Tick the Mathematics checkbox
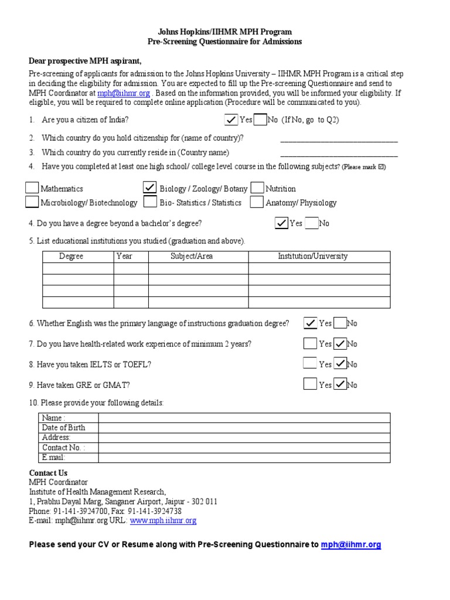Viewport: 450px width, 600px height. [32, 187]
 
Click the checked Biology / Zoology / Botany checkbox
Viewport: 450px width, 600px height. [150, 187]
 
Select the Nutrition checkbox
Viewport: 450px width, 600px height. [257, 187]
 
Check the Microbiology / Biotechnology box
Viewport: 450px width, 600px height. [32, 202]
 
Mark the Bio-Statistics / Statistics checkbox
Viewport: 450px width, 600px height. [150, 202]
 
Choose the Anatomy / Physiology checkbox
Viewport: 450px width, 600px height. [257, 202]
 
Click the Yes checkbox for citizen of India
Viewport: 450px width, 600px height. [231, 120]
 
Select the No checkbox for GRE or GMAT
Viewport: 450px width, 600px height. [340, 384]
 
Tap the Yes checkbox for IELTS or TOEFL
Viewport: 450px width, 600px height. [310, 363]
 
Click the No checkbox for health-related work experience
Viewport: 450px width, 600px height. [340, 343]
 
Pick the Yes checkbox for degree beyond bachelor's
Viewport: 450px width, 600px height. [282, 223]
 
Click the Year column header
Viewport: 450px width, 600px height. [124, 256]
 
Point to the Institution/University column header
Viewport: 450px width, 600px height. [312, 256]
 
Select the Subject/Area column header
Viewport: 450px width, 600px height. [192, 256]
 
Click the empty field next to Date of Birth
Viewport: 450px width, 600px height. [244, 428]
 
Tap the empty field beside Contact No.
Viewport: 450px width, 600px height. [244, 448]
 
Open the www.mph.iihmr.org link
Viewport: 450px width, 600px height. [163, 520]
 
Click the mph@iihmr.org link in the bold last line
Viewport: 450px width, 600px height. [351, 544]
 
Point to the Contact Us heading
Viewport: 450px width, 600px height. [48, 473]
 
